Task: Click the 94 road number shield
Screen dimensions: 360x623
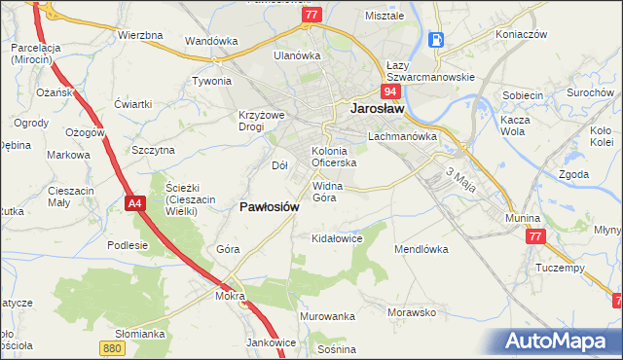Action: [389, 91]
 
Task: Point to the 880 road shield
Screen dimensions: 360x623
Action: [111, 346]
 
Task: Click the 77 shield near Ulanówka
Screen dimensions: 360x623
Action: [311, 16]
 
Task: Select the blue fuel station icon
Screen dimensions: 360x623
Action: [436, 40]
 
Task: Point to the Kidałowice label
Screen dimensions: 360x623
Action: [336, 237]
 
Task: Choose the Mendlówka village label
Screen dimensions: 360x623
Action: [421, 249]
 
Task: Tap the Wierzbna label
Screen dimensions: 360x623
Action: [139, 35]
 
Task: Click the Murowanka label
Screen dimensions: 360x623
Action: [326, 317]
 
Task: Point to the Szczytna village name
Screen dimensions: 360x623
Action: [153, 150]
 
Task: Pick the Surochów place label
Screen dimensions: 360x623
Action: [588, 92]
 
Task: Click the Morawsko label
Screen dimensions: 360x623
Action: [410, 312]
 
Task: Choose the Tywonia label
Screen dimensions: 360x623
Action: [211, 82]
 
